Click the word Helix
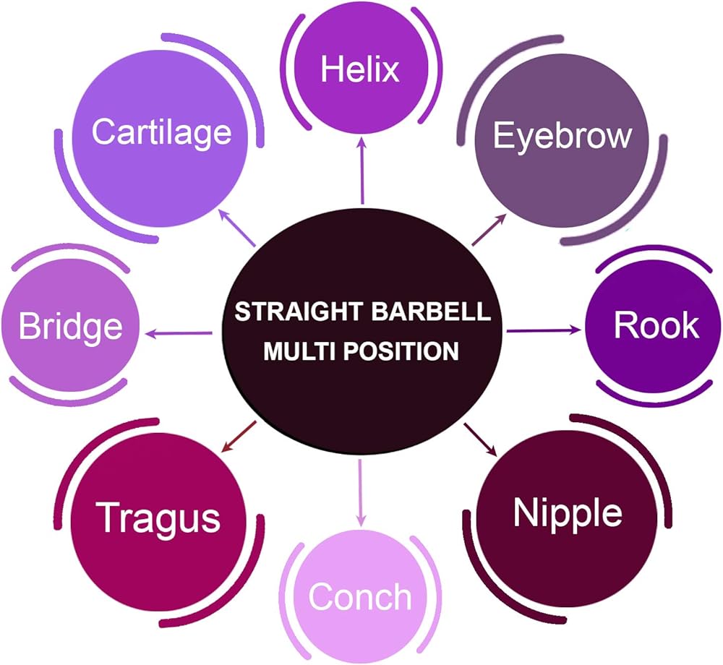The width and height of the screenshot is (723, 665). click(360, 69)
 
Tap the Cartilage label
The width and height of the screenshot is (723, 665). click(161, 132)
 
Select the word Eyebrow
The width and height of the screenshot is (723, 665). click(562, 137)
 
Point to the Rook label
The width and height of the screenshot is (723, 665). click(656, 325)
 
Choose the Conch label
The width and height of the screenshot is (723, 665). click(359, 596)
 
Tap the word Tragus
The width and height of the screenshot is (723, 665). click(158, 519)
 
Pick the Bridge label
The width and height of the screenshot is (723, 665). click(71, 327)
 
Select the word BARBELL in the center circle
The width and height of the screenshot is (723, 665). click(430, 312)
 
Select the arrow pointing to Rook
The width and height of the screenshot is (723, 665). click(544, 330)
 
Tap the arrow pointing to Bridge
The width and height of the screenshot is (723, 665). click(179, 332)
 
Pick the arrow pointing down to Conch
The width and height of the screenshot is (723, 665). click(361, 493)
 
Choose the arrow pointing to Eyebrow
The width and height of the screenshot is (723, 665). click(489, 230)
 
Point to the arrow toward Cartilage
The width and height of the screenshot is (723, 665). click(236, 227)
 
